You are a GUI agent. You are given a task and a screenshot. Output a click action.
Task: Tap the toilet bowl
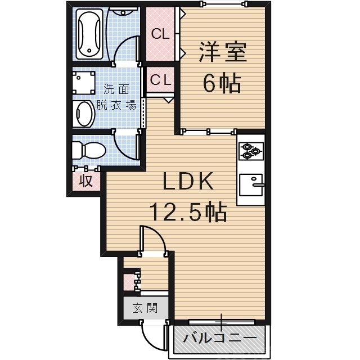point(88,151)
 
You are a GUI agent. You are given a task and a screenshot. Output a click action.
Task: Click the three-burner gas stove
point(250,150)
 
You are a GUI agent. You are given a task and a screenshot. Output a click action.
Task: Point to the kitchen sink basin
point(251,184)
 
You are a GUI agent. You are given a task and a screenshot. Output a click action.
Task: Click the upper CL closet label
point(160,34)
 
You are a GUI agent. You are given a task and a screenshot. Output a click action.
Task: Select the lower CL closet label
point(160,80)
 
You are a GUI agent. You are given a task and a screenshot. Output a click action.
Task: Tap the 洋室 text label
point(222,55)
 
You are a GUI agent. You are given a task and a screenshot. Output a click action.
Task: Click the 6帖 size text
point(222,84)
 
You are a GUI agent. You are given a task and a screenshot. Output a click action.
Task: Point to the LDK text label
point(188,183)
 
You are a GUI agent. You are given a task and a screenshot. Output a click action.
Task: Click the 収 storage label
point(85,181)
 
